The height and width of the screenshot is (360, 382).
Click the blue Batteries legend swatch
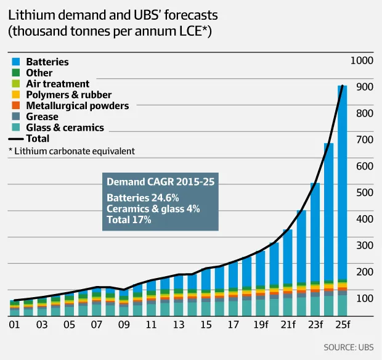(x=15, y=62)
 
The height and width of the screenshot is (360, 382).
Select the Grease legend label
(x=42, y=117)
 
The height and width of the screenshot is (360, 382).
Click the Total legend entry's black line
(x=16, y=139)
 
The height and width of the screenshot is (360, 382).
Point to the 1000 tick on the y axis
(x=361, y=60)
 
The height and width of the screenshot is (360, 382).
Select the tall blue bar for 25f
(x=343, y=185)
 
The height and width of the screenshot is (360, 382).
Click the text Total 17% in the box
(x=129, y=219)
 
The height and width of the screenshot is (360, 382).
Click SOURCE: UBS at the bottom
(x=348, y=347)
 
